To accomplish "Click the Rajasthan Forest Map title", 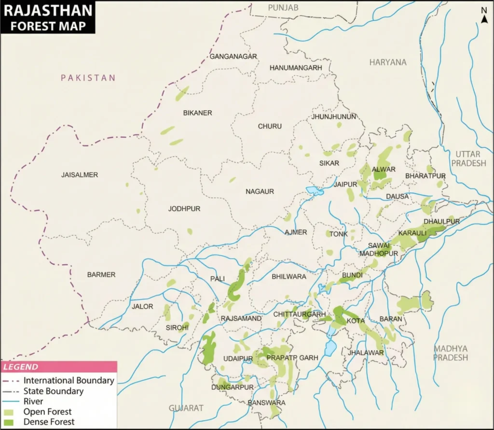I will [x=47, y=17].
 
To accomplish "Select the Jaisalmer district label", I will [x=80, y=175].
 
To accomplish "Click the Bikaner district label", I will [x=197, y=113].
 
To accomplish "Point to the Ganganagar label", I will [x=233, y=57].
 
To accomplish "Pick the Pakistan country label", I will [x=88, y=78].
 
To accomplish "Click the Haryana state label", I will [x=388, y=62].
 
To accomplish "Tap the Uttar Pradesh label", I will [x=468, y=158].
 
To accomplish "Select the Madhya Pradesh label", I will [x=451, y=353].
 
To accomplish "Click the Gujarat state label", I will [x=186, y=408].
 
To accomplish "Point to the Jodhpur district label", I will [x=184, y=209].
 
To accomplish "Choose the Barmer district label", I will [x=101, y=274].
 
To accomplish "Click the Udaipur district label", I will [x=238, y=358].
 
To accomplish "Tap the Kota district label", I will [x=356, y=320].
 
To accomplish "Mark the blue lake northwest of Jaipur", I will [x=315, y=191].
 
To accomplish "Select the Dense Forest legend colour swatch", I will [x=9, y=422].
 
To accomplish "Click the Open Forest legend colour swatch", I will [x=9, y=412].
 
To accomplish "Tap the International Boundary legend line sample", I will [x=11, y=381].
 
